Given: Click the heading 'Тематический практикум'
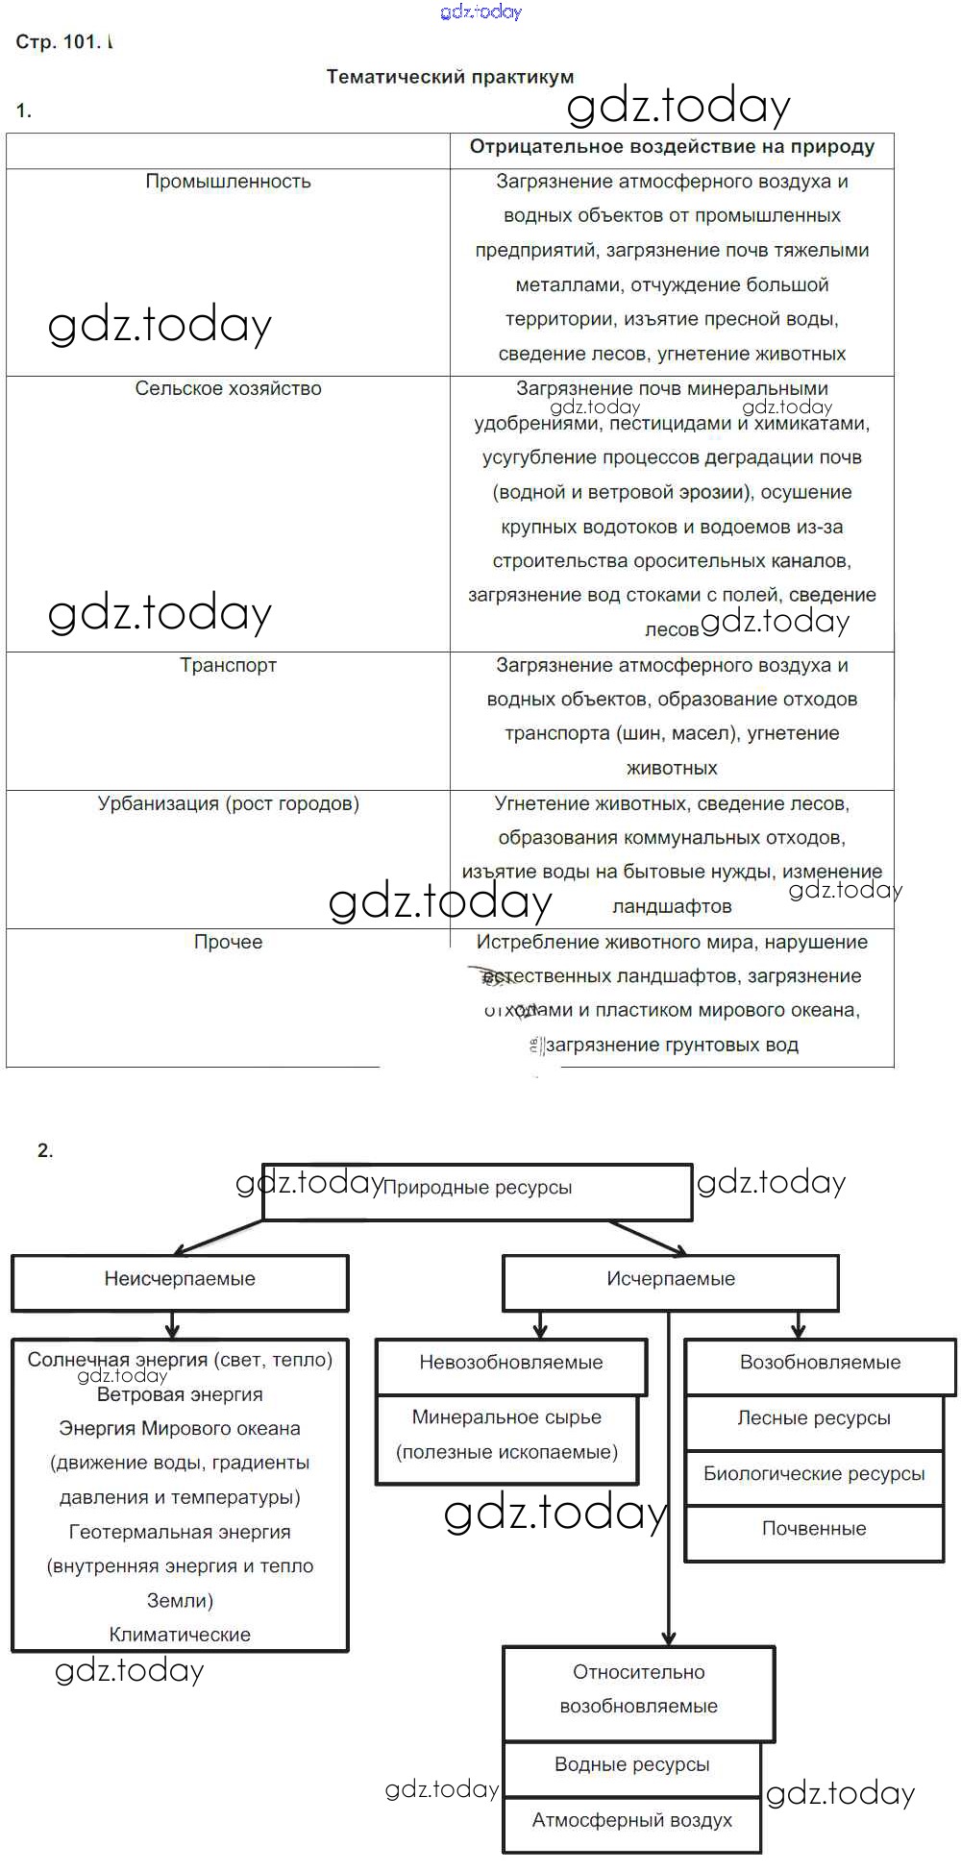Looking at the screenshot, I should [450, 77].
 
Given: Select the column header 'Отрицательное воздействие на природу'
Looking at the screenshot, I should [672, 147].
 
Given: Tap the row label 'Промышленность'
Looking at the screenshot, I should [228, 182].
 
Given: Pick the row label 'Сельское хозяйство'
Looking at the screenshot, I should [228, 388].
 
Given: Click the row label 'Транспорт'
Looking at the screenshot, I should [228, 665].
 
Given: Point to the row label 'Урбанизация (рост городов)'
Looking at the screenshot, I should [228, 803].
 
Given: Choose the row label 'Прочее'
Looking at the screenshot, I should [228, 942].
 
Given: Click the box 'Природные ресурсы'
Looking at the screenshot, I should [478, 1189].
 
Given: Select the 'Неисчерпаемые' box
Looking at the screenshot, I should [180, 1279].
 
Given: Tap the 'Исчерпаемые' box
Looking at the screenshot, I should [671, 1279].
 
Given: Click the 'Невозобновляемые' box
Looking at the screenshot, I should [511, 1363].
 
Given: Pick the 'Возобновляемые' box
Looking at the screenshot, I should [820, 1363].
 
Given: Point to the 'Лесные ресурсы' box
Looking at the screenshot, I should [814, 1418].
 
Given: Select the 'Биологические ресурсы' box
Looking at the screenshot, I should [814, 1474].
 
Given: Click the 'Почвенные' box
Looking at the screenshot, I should [814, 1529].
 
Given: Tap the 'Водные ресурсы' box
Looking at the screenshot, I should [632, 1765].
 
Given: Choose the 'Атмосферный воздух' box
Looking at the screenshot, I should [632, 1820].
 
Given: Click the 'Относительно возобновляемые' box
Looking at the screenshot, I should [639, 1689].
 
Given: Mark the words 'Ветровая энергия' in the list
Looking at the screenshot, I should [180, 1395].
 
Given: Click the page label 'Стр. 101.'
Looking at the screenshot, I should [58, 42].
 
